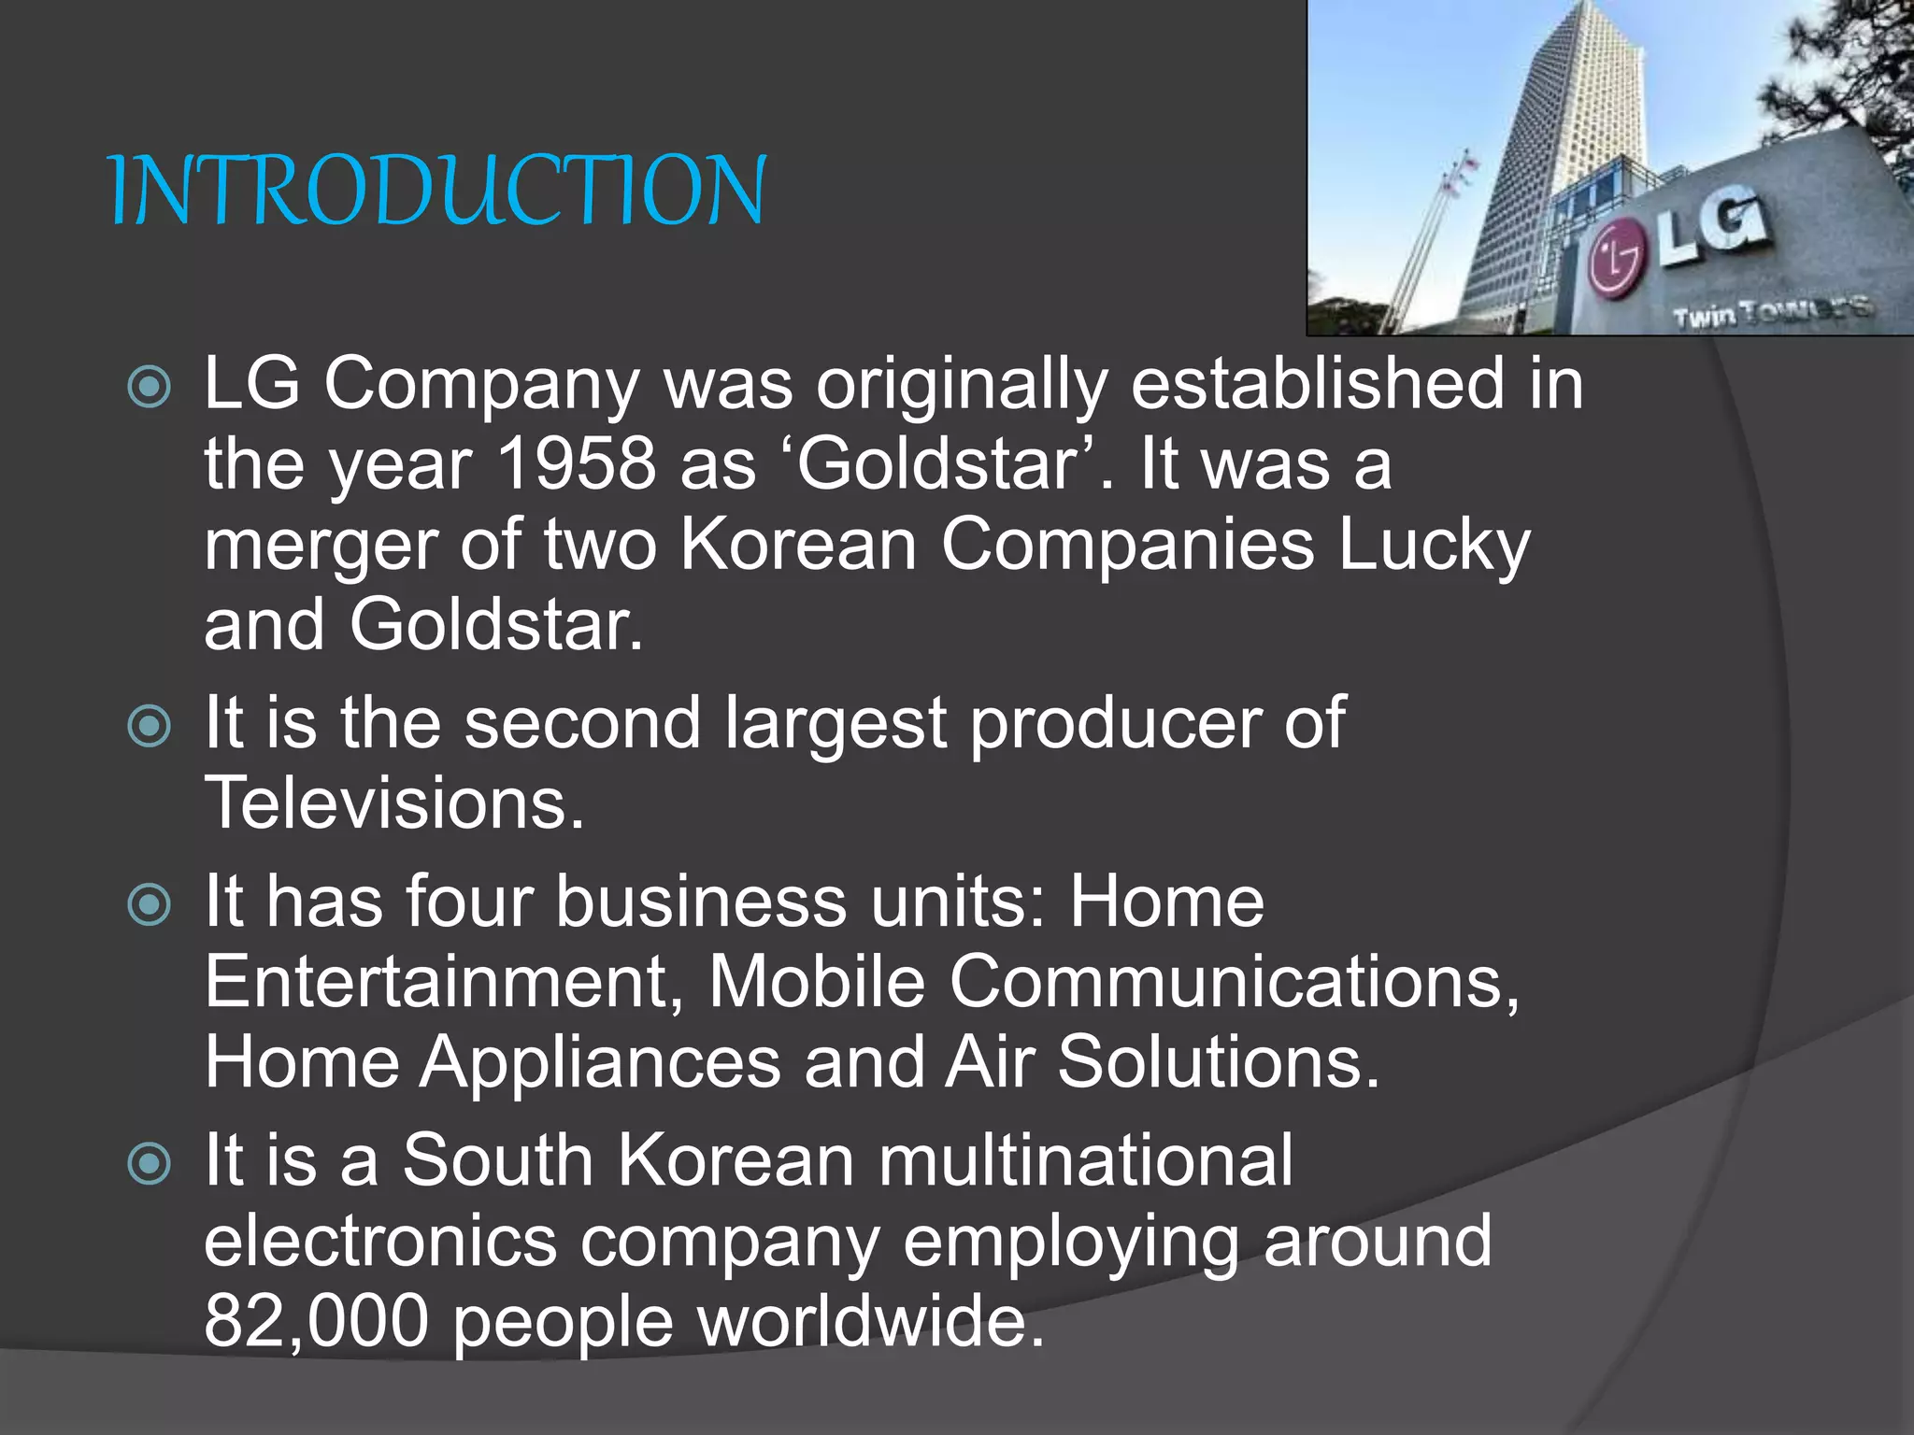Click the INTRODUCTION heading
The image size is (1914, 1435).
click(437, 192)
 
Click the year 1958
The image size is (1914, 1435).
click(577, 464)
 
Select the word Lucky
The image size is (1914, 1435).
click(1435, 546)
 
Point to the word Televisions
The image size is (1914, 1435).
click(393, 803)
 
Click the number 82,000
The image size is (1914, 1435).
click(316, 1321)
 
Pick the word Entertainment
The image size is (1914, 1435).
click(443, 982)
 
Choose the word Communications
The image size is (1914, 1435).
click(1234, 982)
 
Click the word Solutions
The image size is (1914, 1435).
click(1219, 1063)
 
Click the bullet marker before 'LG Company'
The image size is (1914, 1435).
click(150, 387)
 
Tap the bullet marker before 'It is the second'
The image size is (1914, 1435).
click(150, 726)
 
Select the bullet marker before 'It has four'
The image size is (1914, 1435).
click(150, 904)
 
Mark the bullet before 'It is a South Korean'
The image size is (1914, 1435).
click(150, 1164)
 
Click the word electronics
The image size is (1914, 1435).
click(380, 1242)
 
